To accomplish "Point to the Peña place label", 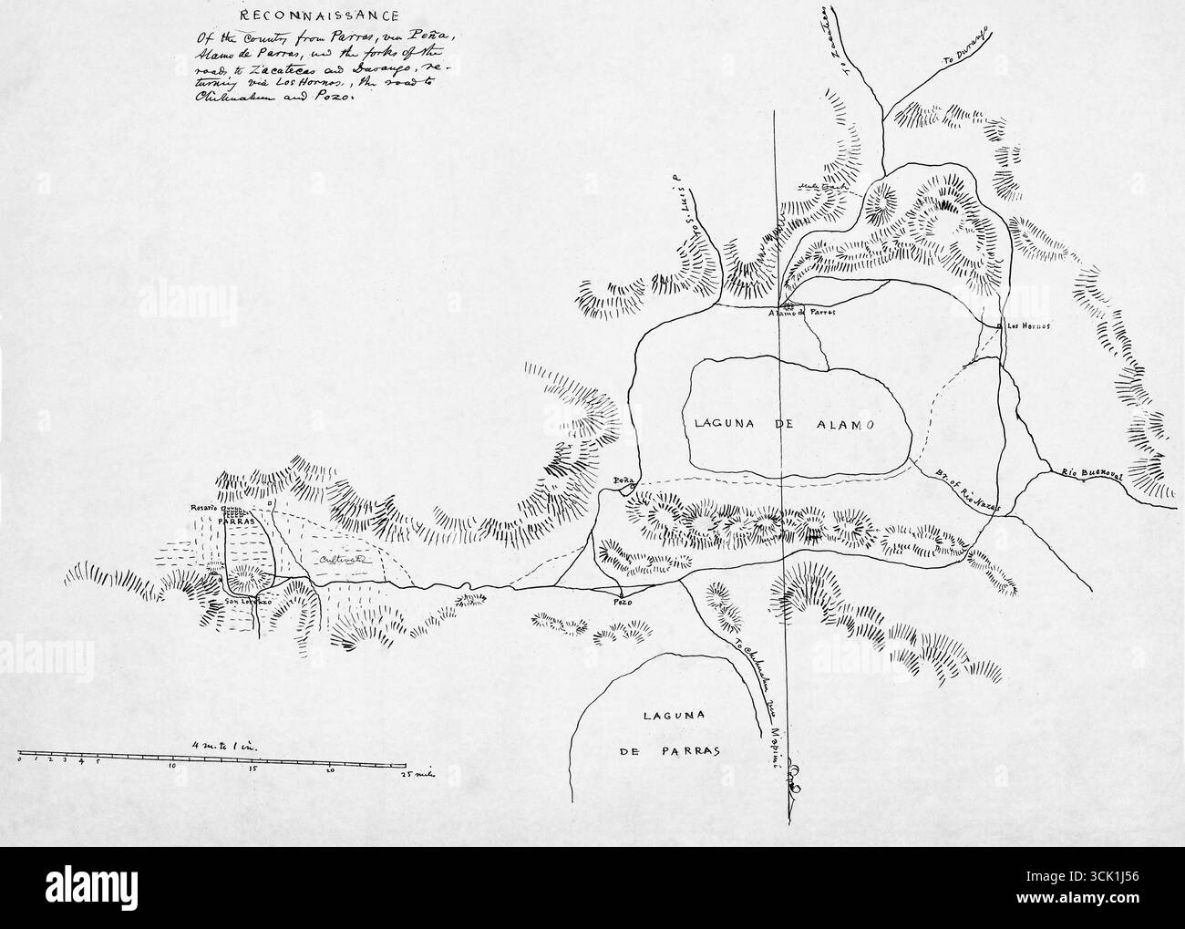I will [623, 480].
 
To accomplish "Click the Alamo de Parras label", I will [803, 312].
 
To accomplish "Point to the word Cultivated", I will [342, 561].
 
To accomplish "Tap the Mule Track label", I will [824, 185].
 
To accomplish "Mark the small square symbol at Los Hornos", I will [1001, 325].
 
